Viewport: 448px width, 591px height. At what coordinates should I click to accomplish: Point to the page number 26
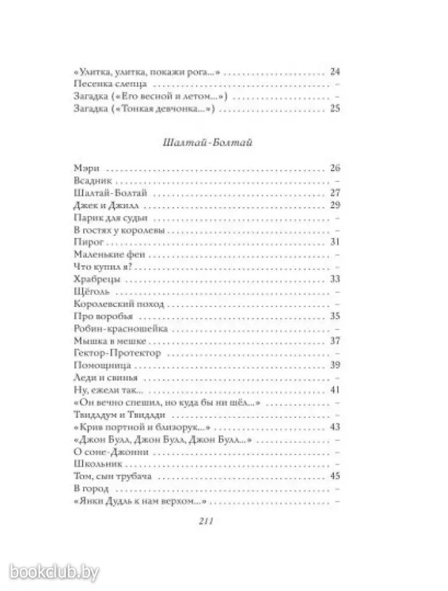pos(334,169)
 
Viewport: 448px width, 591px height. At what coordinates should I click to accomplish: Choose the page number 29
pos(334,206)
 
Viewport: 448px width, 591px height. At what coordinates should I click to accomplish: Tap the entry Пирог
pos(88,243)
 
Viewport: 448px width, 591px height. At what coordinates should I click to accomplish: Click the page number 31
pos(334,243)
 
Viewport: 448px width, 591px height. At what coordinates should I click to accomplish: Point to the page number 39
pos(334,365)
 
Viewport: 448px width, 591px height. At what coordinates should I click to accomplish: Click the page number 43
pos(334,427)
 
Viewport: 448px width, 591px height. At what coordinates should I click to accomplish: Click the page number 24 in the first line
pos(334,71)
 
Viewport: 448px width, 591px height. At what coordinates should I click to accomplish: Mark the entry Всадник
pos(92,181)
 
